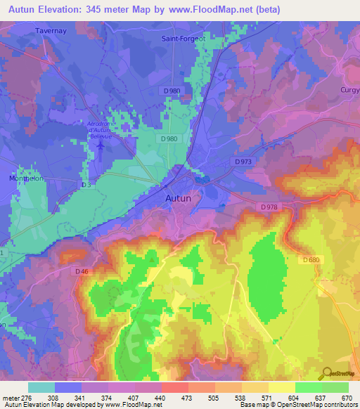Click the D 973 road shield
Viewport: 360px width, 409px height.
tap(243, 162)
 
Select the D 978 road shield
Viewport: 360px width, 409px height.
tap(269, 207)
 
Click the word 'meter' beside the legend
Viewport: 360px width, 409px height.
tap(10, 397)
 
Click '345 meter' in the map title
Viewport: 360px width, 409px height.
tap(110, 9)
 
